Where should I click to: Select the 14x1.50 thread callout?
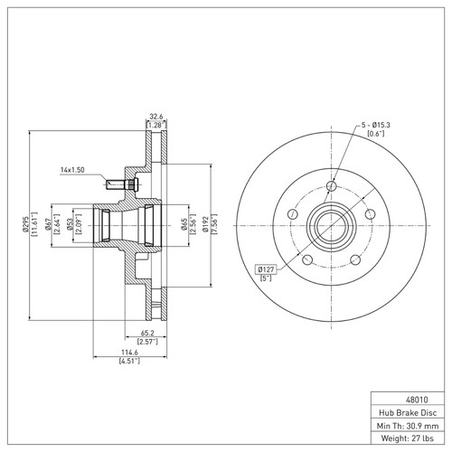click(72, 169)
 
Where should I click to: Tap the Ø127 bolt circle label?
click(267, 268)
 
